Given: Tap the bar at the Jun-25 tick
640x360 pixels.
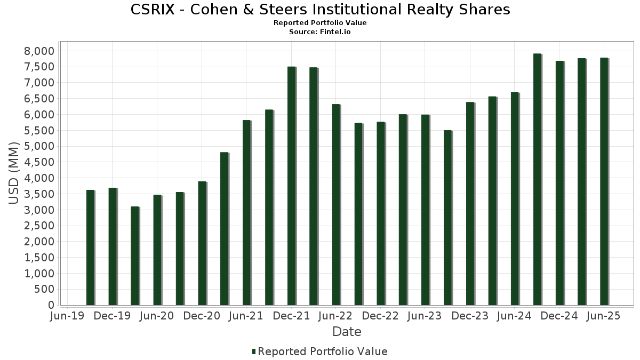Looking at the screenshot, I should coord(604,181).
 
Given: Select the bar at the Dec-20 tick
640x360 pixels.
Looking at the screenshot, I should coord(202,243).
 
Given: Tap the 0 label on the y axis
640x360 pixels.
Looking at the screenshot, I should coord(51,305).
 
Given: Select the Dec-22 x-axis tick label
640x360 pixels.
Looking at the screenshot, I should coord(380,316).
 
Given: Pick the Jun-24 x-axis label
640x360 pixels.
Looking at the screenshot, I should coord(514,316).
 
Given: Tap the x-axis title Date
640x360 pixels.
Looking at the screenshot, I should coord(347,332).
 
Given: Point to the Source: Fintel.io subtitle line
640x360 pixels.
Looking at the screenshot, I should coord(320,31).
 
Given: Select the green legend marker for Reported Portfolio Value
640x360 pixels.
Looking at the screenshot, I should coord(254,351).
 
